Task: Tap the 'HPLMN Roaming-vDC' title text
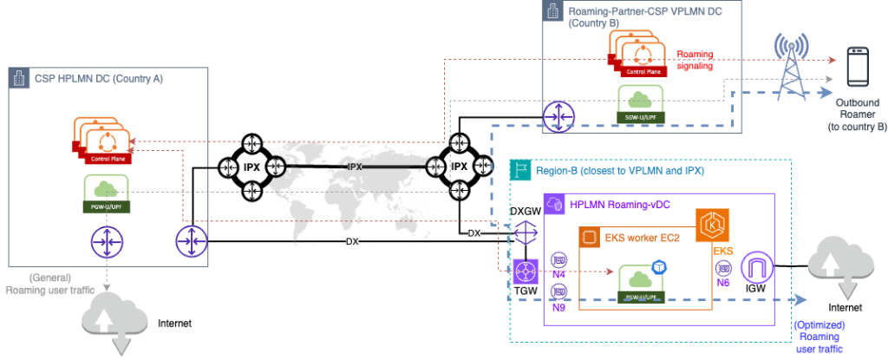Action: (x=616, y=206)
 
